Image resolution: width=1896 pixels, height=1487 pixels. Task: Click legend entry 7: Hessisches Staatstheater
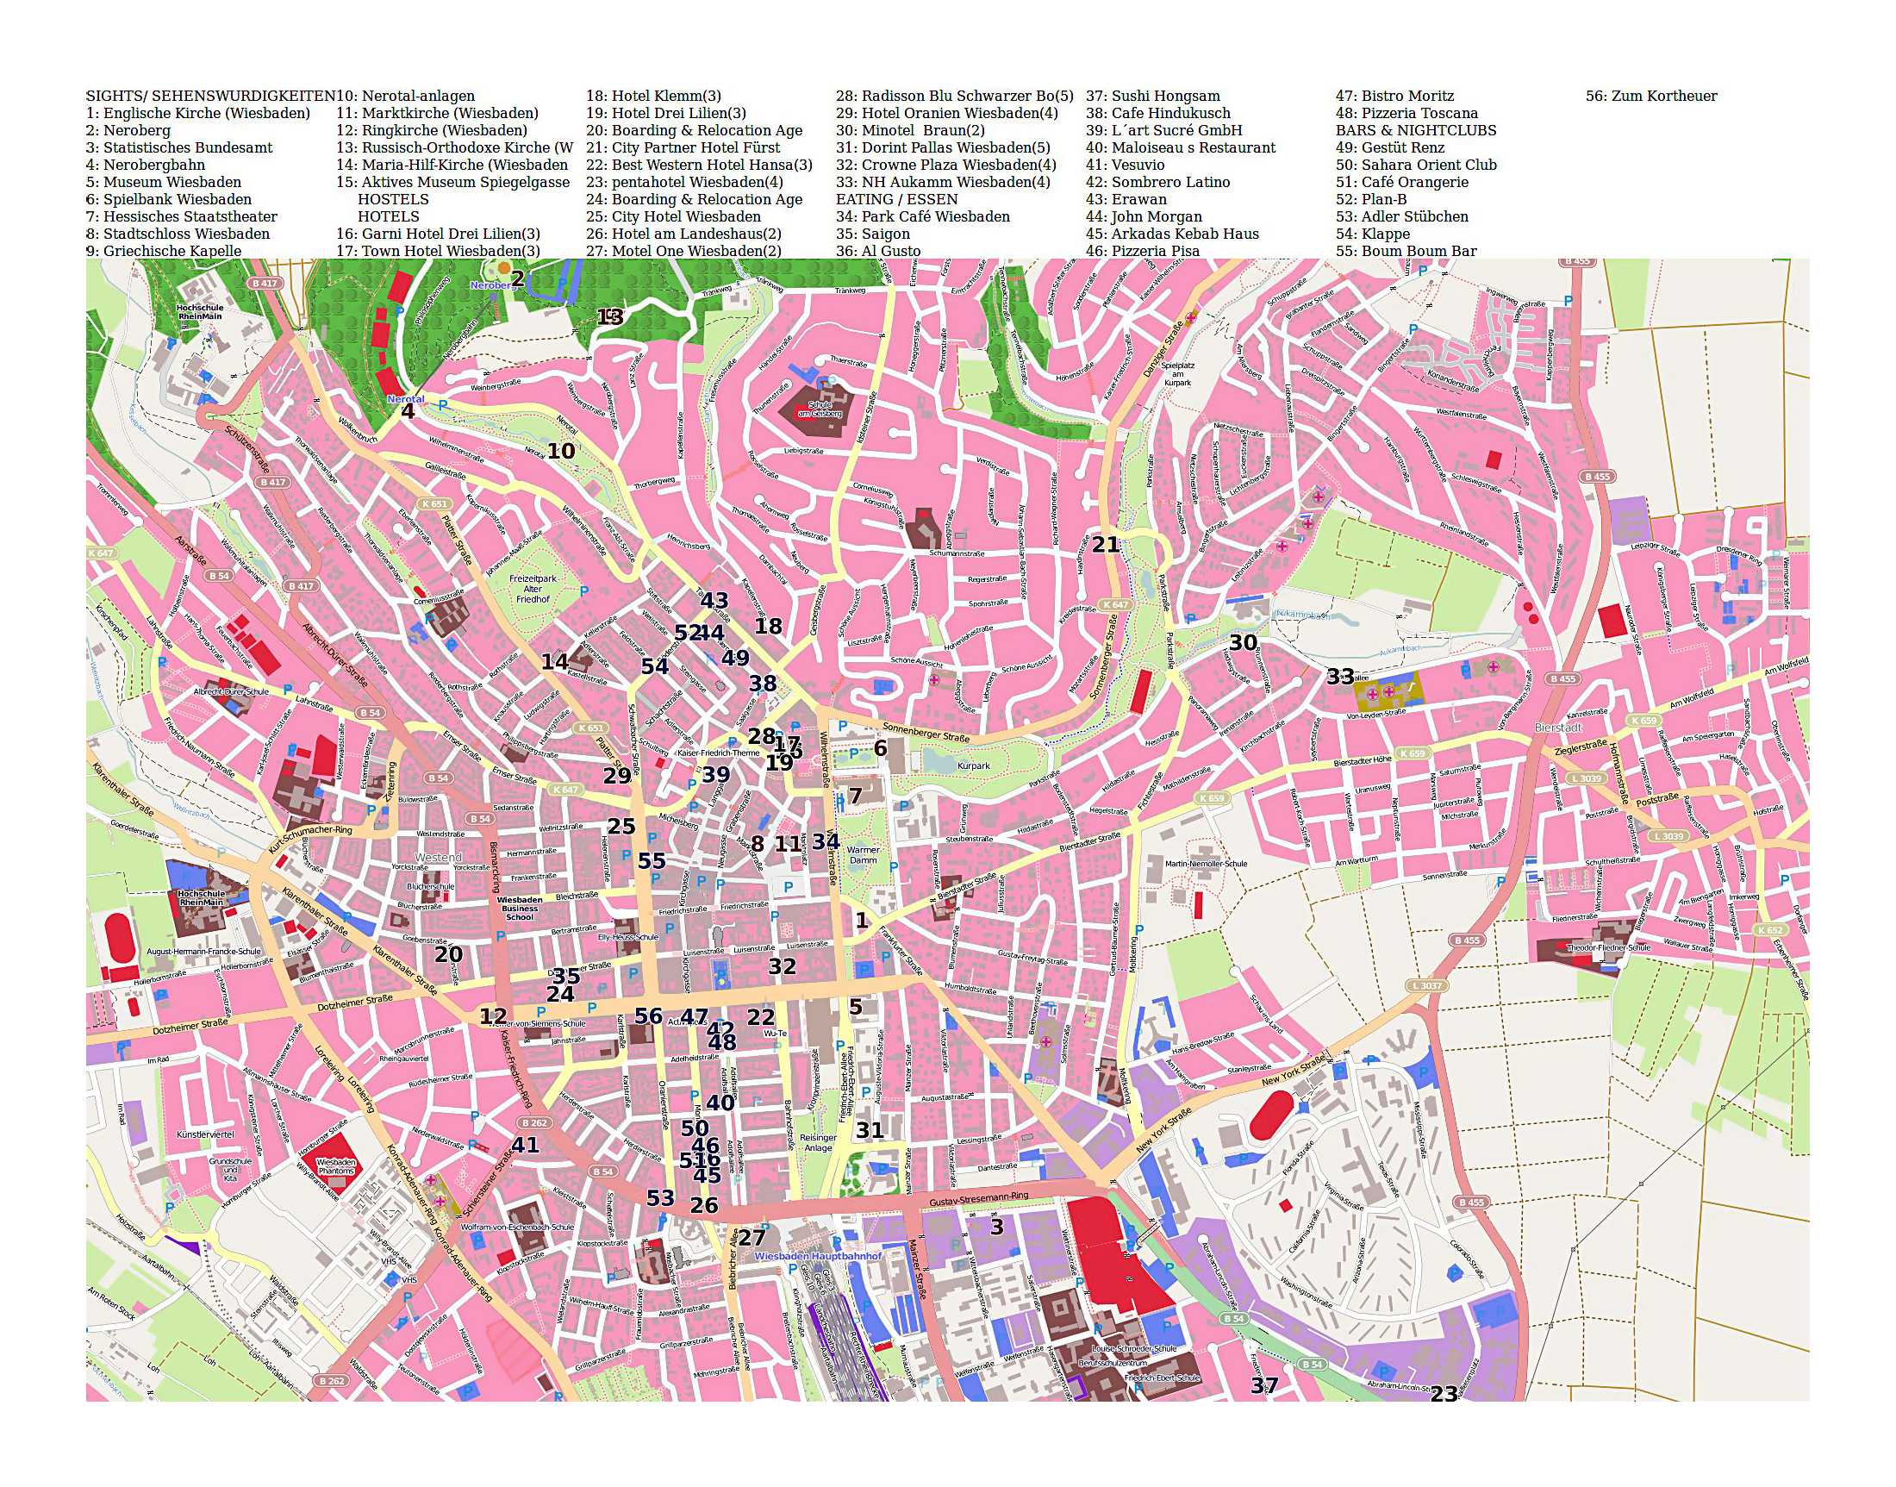[x=181, y=216]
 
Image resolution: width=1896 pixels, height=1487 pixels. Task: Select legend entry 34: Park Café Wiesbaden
[x=923, y=216]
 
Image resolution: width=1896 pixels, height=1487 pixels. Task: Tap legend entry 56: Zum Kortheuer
[x=1650, y=97]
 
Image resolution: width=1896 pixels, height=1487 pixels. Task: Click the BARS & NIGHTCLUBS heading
[x=1415, y=130]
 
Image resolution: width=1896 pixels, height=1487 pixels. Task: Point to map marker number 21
[x=1105, y=545]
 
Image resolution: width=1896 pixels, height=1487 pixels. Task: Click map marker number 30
[x=1242, y=643]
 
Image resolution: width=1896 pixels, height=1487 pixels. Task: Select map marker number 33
[x=1339, y=677]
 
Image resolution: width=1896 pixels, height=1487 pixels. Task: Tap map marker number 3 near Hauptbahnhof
[x=997, y=1227]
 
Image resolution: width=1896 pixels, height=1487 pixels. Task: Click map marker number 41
[x=525, y=1145]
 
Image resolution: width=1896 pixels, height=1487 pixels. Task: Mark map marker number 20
[x=448, y=954]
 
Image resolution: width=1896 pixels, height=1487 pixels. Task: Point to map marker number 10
[x=561, y=451]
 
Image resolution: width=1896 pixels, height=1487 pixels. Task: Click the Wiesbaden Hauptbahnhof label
[x=817, y=1256]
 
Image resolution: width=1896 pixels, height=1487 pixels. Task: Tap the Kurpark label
[x=973, y=766]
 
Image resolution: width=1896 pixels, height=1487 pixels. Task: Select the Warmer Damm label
[x=863, y=855]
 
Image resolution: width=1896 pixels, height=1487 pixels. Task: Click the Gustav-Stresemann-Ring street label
[x=978, y=1200]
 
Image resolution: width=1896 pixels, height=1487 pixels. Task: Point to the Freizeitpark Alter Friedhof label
[x=533, y=589]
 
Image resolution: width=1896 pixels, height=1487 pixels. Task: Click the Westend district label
[x=438, y=858]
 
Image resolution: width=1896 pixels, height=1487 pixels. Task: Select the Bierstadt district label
[x=1557, y=727]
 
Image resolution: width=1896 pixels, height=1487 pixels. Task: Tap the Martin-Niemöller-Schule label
[x=1206, y=864]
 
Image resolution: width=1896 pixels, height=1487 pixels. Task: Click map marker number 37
[x=1264, y=1385]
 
